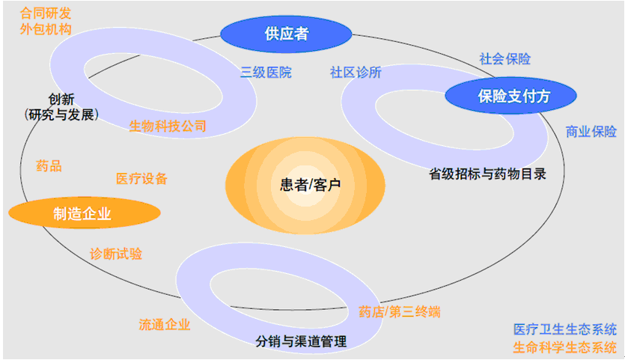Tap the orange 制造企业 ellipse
point(83,213)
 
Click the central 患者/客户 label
point(305,184)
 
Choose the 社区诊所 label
point(356,73)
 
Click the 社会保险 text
point(504,59)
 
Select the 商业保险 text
point(591,132)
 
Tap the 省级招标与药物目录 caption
point(487,174)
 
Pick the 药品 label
point(49,166)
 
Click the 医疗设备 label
point(141,179)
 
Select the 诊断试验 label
point(116,254)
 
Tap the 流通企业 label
point(165,325)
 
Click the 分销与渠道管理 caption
point(301,342)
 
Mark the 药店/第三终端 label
point(399,312)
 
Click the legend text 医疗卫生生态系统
point(565,329)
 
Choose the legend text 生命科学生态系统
point(565,347)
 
